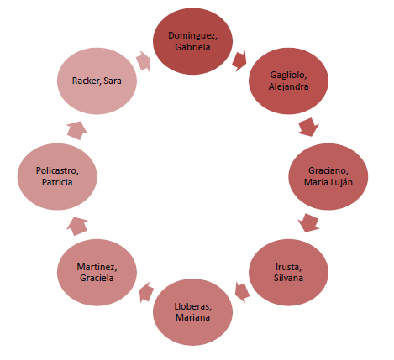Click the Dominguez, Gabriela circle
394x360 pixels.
click(x=192, y=41)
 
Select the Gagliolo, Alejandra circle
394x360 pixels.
click(x=288, y=81)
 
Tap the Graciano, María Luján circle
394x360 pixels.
click(x=328, y=176)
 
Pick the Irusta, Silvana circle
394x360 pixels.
click(x=288, y=272)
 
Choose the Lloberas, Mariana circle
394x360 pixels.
click(x=192, y=312)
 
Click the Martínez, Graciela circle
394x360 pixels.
click(x=97, y=272)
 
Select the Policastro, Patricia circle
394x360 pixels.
click(x=57, y=176)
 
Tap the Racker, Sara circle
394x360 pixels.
click(x=97, y=81)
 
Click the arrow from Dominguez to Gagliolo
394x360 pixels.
click(x=239, y=61)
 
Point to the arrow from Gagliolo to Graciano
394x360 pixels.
click(x=308, y=128)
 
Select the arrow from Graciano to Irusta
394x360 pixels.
click(x=308, y=223)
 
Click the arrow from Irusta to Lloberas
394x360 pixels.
click(x=242, y=292)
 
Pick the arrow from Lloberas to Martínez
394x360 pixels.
click(x=146, y=292)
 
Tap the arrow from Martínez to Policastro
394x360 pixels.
click(x=77, y=226)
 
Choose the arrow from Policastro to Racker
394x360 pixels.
click(x=77, y=130)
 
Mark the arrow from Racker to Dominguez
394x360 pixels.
click(x=144, y=61)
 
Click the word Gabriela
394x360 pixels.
click(x=192, y=47)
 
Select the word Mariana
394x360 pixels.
click(x=192, y=317)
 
